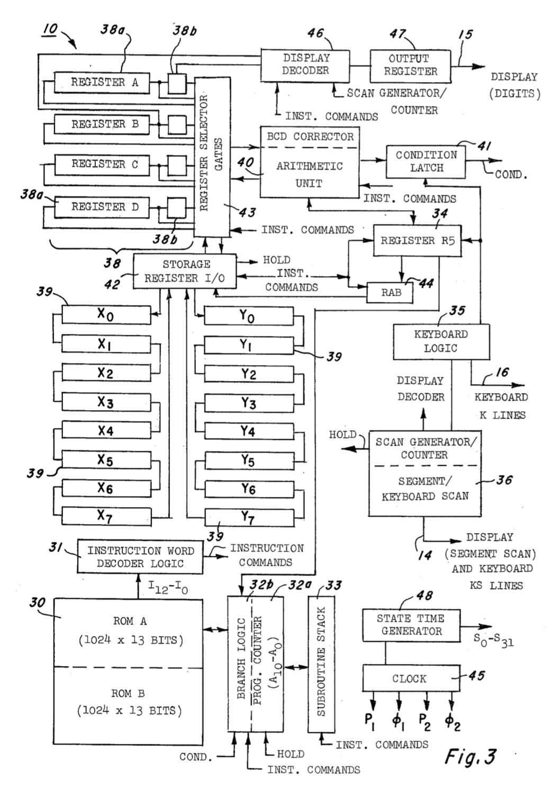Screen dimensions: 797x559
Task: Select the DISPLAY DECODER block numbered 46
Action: [305, 65]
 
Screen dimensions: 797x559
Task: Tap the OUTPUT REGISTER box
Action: [410, 66]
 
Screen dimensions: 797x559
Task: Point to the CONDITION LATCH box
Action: [426, 162]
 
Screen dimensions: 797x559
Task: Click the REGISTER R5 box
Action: [417, 241]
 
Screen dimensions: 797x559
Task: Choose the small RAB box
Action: [391, 293]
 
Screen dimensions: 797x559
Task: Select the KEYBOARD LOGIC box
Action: [441, 342]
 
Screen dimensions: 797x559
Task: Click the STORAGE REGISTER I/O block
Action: [184, 271]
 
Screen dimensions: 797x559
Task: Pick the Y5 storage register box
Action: [248, 460]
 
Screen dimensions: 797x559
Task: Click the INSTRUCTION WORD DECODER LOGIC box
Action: [140, 557]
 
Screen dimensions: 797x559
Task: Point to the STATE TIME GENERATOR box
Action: [411, 625]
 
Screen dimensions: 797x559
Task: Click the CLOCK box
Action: [410, 679]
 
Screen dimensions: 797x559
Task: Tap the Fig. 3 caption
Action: [470, 756]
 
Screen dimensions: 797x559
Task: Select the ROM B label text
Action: [129, 693]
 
